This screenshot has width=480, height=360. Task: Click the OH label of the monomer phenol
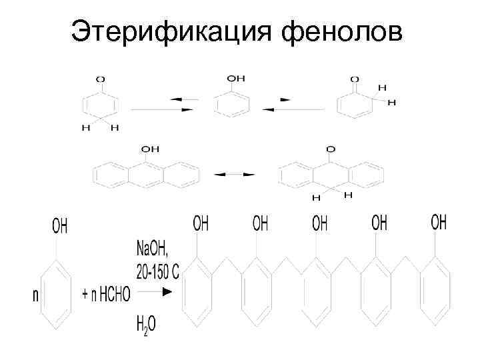60,227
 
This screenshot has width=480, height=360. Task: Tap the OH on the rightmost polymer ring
439,223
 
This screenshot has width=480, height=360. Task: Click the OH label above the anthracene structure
151,148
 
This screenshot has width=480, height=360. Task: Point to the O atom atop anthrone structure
331,149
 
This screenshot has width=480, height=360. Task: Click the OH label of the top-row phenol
237,78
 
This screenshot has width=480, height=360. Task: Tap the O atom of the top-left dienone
100,79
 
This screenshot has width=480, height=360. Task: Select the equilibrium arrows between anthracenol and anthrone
234,174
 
